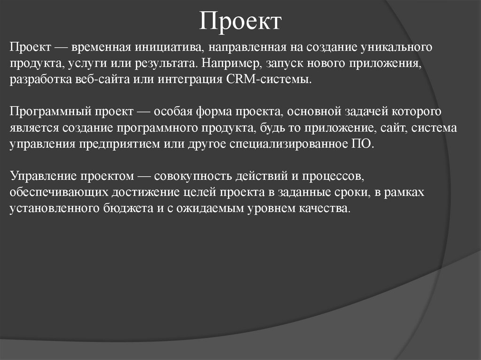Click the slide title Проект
point(240,21)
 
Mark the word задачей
point(361,112)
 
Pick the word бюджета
point(129,208)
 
